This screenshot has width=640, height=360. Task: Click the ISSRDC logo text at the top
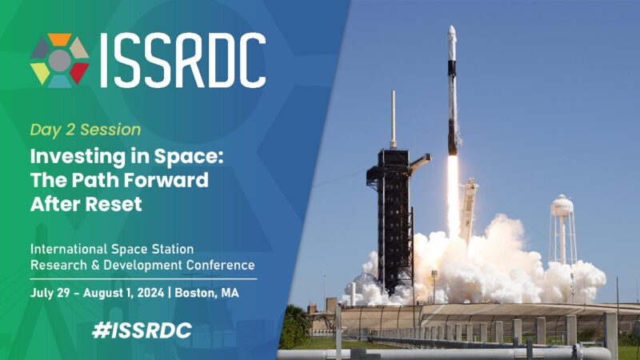tap(182, 61)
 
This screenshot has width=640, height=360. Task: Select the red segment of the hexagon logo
tap(78, 73)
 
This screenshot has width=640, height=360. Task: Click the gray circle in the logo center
tap(59, 61)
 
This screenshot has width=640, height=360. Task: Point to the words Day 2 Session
tap(86, 129)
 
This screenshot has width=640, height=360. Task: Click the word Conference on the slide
tap(218, 265)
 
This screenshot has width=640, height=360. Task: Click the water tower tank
tap(563, 206)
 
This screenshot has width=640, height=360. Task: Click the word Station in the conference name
tap(171, 250)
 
